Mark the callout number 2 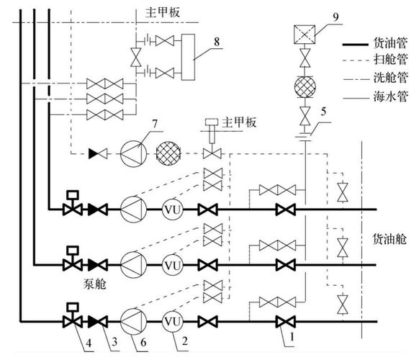coord(185,343)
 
